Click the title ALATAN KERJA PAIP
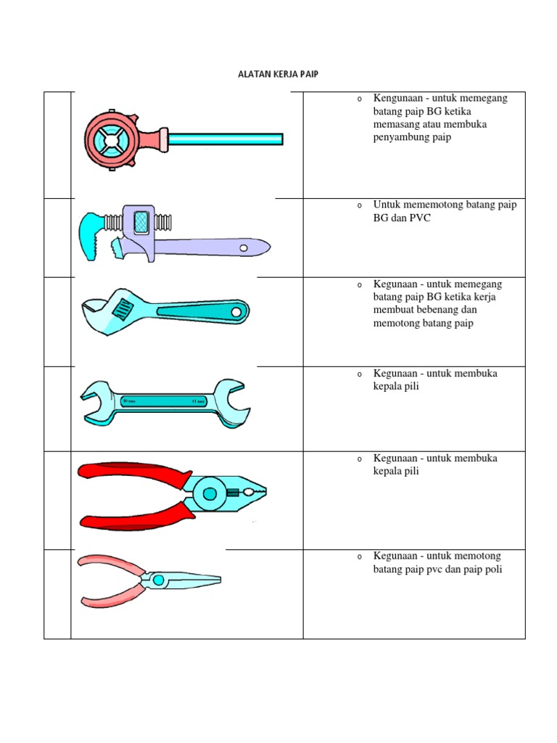(278, 74)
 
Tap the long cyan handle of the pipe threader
(225, 139)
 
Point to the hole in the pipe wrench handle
(244, 247)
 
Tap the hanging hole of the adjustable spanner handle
(236, 312)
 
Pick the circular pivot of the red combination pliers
(210, 494)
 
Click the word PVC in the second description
(419, 218)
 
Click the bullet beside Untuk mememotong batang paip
(359, 206)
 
